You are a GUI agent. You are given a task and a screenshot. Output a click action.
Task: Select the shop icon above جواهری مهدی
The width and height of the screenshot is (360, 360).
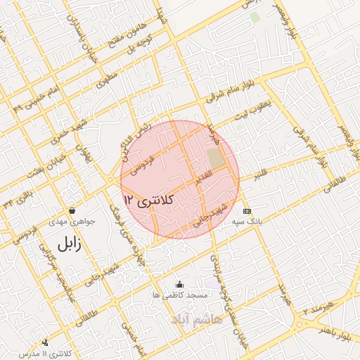[x=72, y=210]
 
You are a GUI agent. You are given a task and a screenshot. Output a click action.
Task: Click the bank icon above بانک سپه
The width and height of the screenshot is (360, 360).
[x=247, y=210]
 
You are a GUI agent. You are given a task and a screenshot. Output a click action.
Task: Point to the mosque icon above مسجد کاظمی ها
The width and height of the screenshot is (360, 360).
[x=179, y=285]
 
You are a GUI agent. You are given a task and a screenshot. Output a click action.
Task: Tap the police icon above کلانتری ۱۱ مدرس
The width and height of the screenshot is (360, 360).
[x=46, y=342]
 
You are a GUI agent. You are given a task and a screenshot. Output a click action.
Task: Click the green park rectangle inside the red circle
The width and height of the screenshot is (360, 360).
[x=216, y=159]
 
